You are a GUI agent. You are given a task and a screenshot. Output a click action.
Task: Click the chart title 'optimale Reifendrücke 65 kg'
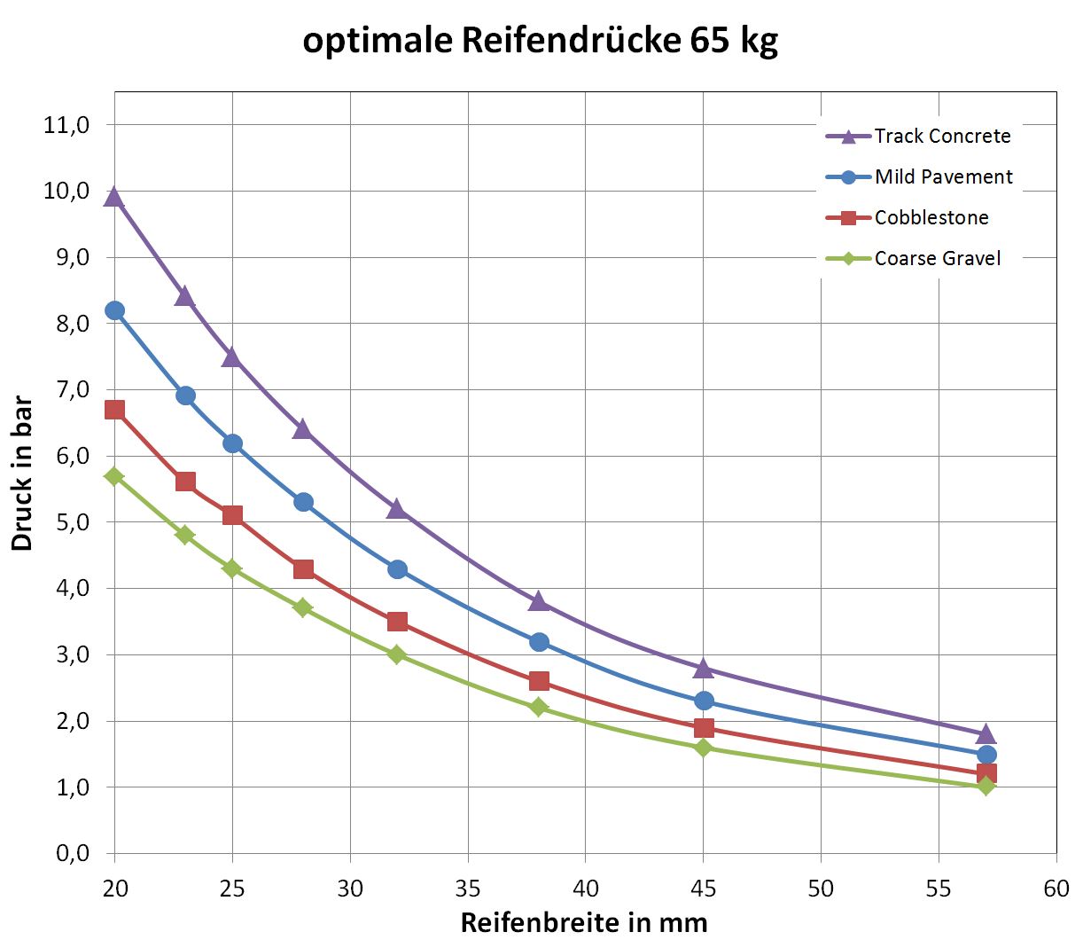click(x=541, y=41)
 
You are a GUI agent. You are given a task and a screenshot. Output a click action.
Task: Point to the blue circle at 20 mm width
click(x=114, y=310)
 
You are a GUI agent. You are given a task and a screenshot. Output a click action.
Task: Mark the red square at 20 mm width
click(x=114, y=410)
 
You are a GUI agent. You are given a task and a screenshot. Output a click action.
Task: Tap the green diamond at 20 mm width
click(x=114, y=476)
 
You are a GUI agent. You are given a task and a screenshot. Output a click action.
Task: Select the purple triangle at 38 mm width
click(x=538, y=602)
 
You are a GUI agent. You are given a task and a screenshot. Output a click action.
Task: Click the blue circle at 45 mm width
click(x=704, y=701)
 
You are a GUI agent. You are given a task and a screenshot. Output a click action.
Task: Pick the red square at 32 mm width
click(x=397, y=622)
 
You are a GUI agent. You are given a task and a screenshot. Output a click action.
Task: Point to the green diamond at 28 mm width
click(x=303, y=607)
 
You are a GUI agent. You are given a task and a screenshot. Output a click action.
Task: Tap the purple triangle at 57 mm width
click(x=986, y=734)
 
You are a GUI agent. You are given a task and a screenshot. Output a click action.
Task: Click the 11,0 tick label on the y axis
click(x=66, y=125)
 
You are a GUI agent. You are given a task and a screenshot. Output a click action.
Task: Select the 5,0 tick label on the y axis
click(x=66, y=522)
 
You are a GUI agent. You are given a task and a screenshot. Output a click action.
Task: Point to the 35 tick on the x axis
click(x=468, y=889)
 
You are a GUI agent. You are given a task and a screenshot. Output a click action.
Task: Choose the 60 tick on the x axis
click(x=1056, y=889)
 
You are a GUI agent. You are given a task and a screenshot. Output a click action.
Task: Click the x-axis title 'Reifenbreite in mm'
click(x=584, y=922)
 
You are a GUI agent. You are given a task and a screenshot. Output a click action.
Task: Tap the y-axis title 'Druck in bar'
click(x=22, y=474)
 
